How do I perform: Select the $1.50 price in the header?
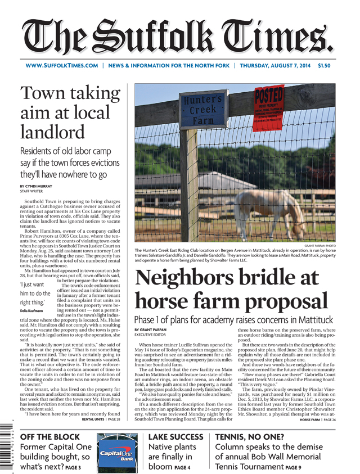(x=325, y=66)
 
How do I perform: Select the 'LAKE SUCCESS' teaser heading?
(x=175, y=437)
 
